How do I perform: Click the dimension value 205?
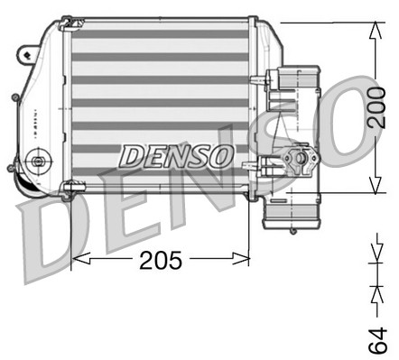point(161,260)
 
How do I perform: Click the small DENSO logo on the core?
point(177,155)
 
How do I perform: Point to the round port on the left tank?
point(37,162)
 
